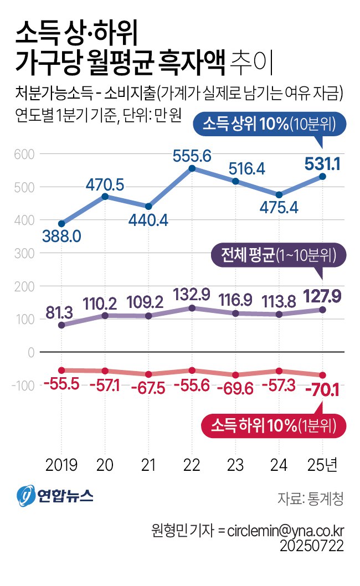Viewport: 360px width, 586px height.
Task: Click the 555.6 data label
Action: [192, 156]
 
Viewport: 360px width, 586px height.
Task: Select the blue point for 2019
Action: [61, 224]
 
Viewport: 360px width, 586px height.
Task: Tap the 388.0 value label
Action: [61, 236]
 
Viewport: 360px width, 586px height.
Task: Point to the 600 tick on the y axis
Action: [24, 154]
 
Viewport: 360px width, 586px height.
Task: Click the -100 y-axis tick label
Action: [23, 385]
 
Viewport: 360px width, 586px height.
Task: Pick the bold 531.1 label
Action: [322, 164]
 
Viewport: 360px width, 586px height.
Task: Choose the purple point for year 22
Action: [192, 308]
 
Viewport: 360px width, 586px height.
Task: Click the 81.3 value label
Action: [59, 312]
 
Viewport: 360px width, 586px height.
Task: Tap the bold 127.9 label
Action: [322, 296]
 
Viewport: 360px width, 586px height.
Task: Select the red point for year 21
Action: [148, 374]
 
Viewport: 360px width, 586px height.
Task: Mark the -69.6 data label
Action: [235, 389]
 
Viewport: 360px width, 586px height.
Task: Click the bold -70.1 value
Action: [322, 390]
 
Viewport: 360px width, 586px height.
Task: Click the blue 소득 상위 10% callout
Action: [270, 124]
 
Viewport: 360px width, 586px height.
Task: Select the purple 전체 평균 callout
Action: [279, 255]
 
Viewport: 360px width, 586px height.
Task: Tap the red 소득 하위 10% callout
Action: [274, 425]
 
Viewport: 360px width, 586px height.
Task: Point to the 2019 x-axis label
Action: [61, 465]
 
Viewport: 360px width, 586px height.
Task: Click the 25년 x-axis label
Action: [322, 465]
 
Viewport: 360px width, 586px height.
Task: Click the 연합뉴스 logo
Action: [55, 496]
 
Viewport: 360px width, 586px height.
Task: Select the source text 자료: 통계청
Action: [310, 498]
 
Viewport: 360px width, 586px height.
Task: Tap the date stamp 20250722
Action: [312, 546]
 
